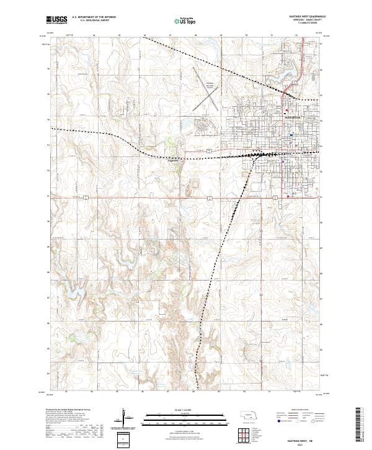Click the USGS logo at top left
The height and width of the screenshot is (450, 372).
[57, 20]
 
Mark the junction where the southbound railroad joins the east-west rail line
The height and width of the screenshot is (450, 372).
[254, 156]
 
